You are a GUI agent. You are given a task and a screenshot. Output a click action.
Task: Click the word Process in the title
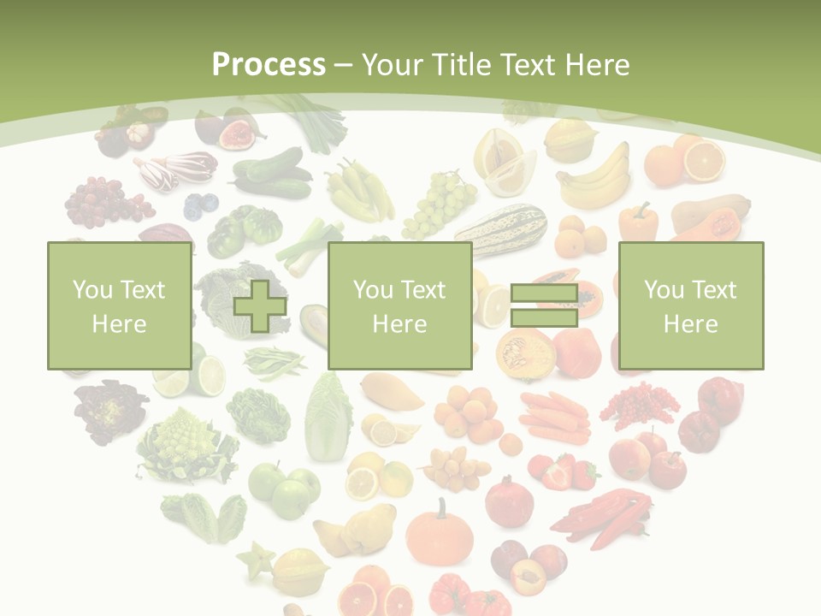pyautogui.click(x=269, y=64)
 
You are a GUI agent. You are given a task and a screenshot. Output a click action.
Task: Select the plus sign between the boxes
pyautogui.click(x=260, y=306)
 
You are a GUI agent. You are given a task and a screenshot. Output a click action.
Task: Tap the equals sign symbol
pyautogui.click(x=544, y=306)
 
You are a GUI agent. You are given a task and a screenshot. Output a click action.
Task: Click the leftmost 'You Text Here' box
pyautogui.click(x=119, y=305)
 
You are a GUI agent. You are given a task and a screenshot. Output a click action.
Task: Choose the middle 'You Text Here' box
pyautogui.click(x=399, y=305)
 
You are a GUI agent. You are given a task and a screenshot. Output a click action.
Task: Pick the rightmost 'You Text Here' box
pyautogui.click(x=690, y=305)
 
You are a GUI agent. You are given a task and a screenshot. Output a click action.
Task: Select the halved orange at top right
pyautogui.click(x=703, y=160)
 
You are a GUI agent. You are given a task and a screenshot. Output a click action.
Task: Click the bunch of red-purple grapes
pyautogui.click(x=107, y=202)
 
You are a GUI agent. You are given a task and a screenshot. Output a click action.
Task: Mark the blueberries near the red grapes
pyautogui.click(x=202, y=205)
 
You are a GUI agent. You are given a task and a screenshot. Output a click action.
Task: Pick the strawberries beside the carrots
pyautogui.click(x=564, y=471)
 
